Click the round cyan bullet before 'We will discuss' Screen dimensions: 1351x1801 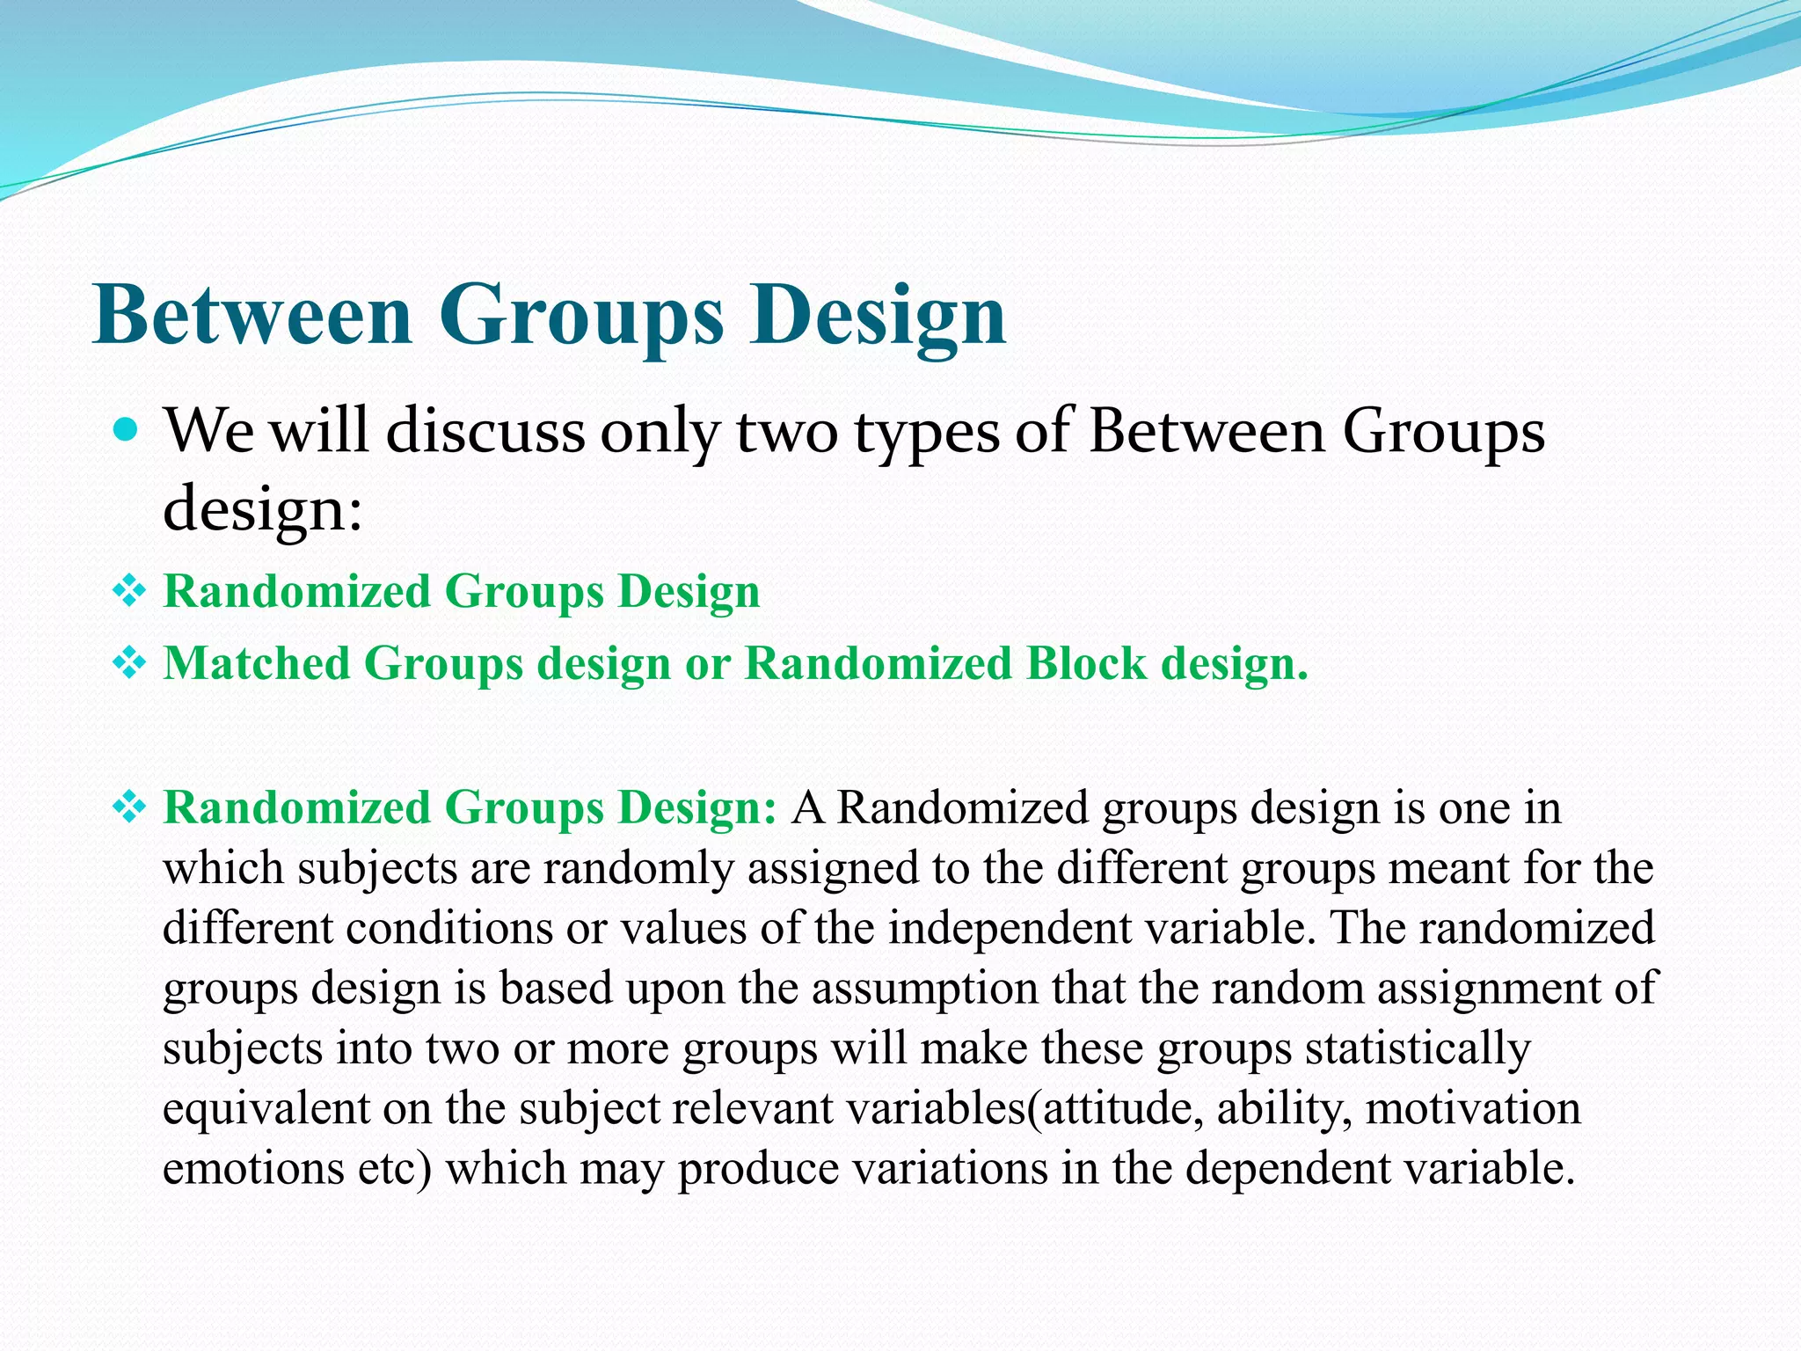128,430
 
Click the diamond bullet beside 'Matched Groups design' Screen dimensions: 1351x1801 128,663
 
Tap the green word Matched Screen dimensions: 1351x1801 257,663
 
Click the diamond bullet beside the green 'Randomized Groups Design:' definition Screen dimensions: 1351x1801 128,807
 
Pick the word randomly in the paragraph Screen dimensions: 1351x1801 638,868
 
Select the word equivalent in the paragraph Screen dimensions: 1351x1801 266,1108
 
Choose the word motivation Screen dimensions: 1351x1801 1473,1108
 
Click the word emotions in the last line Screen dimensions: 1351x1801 253,1169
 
